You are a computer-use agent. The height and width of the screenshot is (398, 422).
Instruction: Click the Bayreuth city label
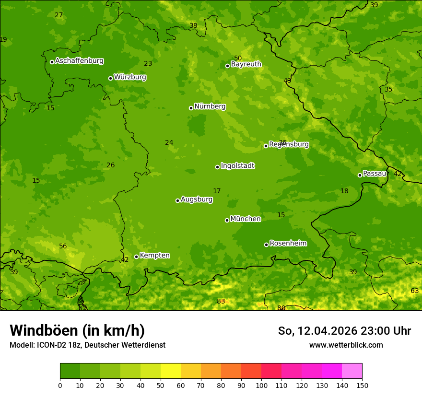click(x=246, y=64)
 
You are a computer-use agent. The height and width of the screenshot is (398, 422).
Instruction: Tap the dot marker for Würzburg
click(x=110, y=78)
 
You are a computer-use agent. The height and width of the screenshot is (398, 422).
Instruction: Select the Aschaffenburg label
click(x=79, y=61)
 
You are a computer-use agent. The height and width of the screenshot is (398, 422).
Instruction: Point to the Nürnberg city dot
click(x=191, y=108)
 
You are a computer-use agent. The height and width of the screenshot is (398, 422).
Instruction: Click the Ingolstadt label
click(x=237, y=166)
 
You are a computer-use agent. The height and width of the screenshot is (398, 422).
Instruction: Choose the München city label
click(x=245, y=219)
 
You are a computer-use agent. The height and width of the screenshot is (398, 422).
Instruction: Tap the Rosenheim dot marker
click(x=266, y=245)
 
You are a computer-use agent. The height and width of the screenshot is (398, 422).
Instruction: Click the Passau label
click(x=374, y=174)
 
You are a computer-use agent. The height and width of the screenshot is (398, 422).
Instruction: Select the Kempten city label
click(x=154, y=256)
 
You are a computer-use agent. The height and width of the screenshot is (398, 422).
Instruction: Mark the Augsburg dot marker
click(x=177, y=200)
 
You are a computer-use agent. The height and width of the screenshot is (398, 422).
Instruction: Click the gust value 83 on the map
click(x=221, y=301)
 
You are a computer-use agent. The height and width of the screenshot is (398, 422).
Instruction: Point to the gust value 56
click(x=63, y=246)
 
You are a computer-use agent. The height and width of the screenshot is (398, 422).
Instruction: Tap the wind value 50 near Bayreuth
click(x=238, y=58)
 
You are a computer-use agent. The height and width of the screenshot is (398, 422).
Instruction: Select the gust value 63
click(x=414, y=291)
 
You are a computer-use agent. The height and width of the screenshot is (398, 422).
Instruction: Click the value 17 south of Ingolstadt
click(x=217, y=191)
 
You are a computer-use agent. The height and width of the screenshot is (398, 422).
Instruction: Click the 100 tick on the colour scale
click(x=261, y=386)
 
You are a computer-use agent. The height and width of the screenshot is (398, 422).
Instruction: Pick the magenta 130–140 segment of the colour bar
click(x=332, y=371)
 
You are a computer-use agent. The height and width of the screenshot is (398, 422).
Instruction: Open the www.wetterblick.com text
click(x=346, y=345)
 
